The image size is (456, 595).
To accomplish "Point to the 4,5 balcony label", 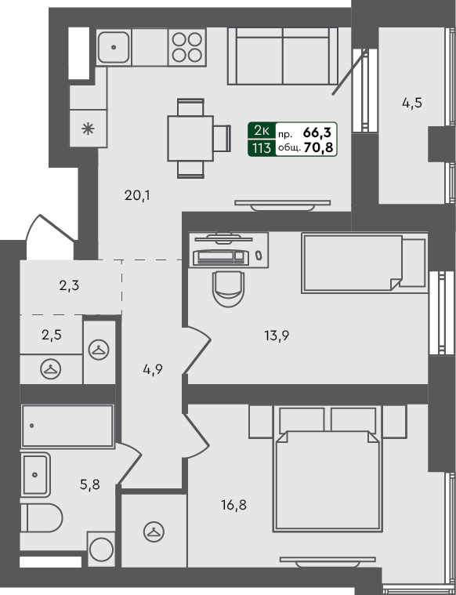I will click(x=412, y=103).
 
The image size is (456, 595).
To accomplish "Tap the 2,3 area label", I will click(x=69, y=285).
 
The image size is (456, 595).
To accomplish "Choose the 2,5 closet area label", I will click(x=50, y=335).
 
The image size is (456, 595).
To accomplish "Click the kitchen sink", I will click(x=114, y=47).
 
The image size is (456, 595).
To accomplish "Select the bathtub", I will click(x=67, y=426).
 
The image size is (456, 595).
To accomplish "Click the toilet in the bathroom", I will click(x=42, y=520).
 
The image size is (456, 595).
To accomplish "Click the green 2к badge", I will click(x=261, y=132).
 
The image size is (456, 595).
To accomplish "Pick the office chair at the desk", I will click(x=228, y=286).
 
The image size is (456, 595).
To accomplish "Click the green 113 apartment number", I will click(x=261, y=147).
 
